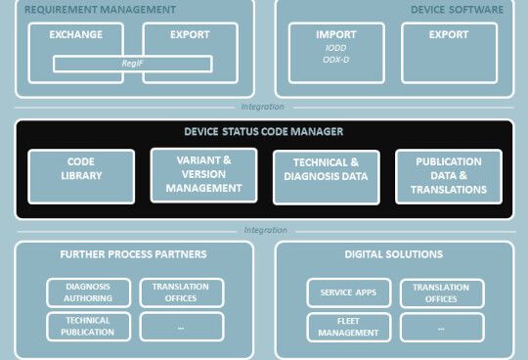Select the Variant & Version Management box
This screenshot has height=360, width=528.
tap(203, 176)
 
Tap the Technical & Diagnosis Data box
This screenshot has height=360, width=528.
tap(326, 176)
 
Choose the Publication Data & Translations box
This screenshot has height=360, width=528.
tap(449, 176)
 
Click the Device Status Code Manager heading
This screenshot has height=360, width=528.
tap(263, 131)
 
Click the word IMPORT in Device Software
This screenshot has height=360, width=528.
tap(336, 35)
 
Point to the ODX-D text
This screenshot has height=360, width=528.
tap(336, 61)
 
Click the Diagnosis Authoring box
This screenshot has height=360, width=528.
tap(88, 292)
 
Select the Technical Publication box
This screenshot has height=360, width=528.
tap(88, 326)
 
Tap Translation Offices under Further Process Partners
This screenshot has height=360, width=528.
tap(182, 292)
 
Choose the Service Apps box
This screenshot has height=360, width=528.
tap(348, 292)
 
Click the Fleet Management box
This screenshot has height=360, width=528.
tap(348, 326)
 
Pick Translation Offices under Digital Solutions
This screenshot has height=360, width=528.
tap(442, 292)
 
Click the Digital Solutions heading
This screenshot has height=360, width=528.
tap(394, 254)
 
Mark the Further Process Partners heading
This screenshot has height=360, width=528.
tap(132, 254)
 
